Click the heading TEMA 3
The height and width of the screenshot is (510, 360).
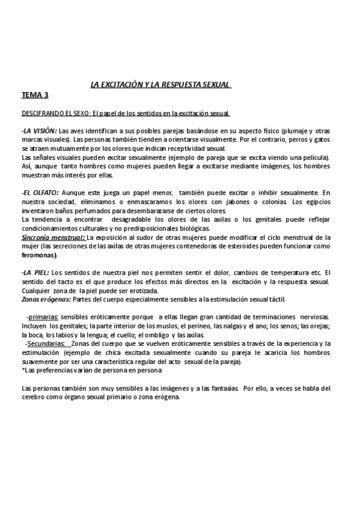[35, 94]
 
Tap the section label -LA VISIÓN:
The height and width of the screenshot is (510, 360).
[39, 131]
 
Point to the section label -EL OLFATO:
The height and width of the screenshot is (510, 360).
[40, 192]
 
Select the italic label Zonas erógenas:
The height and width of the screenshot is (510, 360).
[46, 299]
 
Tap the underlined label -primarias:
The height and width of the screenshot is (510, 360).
[43, 316]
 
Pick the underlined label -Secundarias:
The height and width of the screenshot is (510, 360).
[45, 343]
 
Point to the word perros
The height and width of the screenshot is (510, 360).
[311, 140]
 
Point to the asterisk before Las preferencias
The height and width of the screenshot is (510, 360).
[22, 370]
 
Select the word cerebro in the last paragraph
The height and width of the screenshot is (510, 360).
[35, 397]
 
